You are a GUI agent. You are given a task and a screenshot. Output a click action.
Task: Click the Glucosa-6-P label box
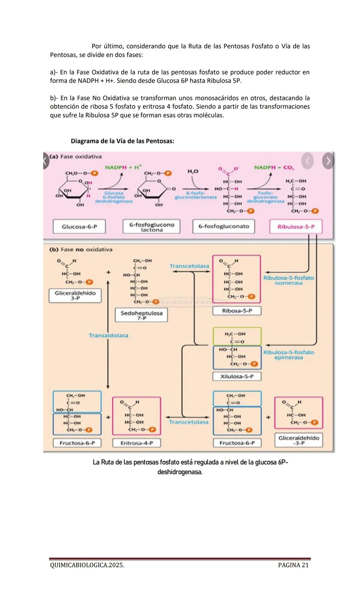[79, 226]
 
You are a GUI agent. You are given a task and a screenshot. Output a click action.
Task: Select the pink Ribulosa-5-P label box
[296, 226]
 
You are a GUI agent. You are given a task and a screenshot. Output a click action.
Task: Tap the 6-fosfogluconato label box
[224, 226]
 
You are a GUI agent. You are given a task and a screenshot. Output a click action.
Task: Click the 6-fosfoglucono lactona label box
[152, 226]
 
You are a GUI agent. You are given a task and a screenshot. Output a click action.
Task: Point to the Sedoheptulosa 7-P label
[141, 315]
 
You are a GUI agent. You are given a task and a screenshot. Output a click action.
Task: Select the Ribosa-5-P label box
[237, 311]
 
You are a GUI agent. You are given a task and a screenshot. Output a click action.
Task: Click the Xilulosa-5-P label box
[237, 376]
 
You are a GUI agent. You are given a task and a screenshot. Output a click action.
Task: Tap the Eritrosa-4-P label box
[137, 443]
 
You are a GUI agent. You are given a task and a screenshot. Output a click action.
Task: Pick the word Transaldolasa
[108, 335]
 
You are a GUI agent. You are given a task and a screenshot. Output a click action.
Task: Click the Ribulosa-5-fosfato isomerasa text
[288, 280]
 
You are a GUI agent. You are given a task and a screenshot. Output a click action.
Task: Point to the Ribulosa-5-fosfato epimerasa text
[288, 355]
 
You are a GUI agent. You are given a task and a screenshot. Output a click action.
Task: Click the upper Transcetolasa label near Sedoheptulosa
[189, 266]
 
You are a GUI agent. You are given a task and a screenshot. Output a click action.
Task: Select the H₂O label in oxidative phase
[193, 171]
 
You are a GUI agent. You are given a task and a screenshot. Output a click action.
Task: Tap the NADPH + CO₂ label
[274, 167]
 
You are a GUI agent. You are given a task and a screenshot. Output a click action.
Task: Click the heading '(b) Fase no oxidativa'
[81, 249]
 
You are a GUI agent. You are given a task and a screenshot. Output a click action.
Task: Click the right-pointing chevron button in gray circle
[328, 161]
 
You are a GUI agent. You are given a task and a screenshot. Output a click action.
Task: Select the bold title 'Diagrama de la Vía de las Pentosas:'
[122, 141]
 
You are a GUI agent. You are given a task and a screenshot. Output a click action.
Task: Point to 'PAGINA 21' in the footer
[293, 565]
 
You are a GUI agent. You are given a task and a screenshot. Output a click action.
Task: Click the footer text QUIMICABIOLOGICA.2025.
[87, 565]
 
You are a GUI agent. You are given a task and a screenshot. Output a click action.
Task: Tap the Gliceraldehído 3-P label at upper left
[75, 295]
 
